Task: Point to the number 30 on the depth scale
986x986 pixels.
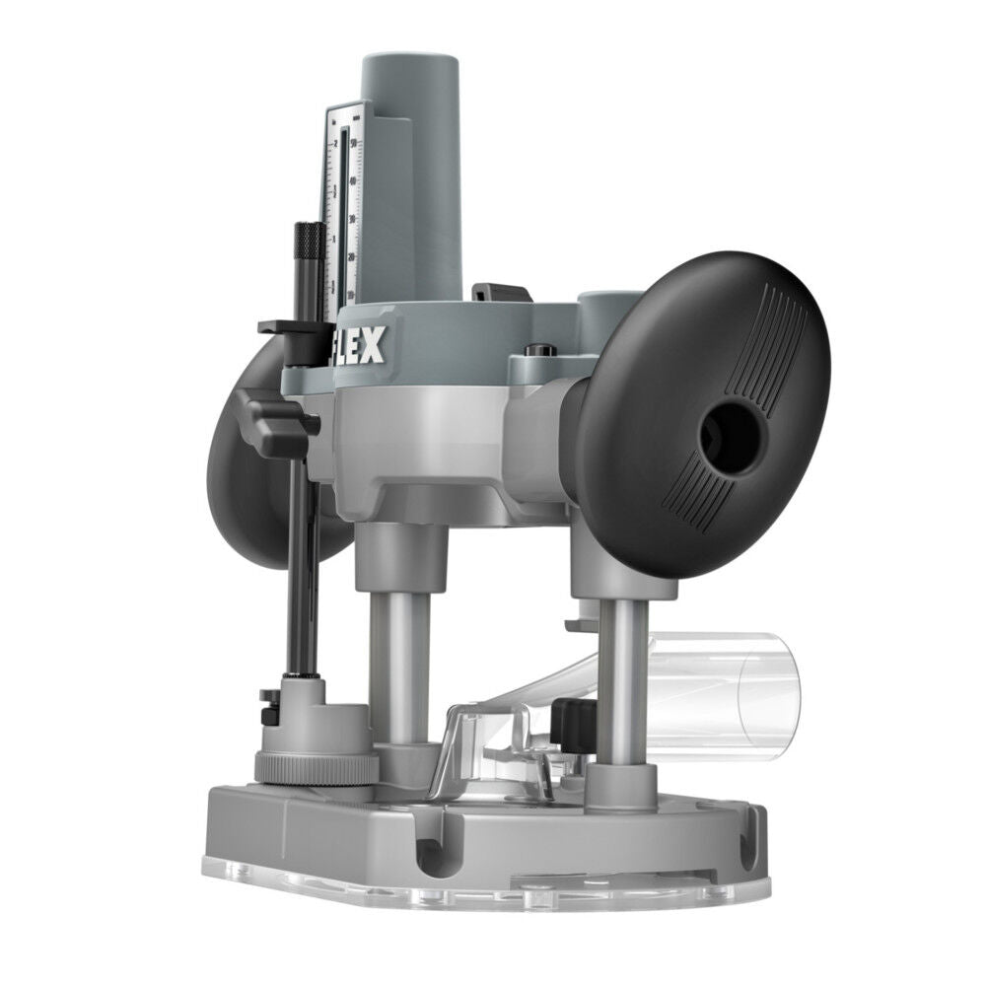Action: pos(352,218)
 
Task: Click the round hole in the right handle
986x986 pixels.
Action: pos(731,434)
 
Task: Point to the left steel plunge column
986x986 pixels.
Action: pos(399,661)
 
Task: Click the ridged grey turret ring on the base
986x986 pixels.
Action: pos(316,767)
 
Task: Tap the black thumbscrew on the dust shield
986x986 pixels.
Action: pos(570,725)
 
